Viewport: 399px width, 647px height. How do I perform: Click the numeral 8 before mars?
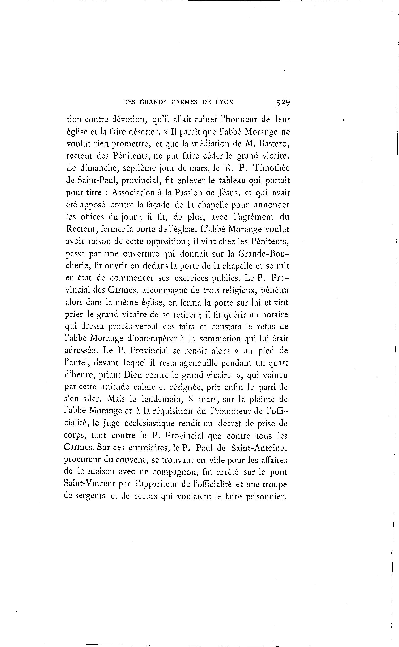point(192,399)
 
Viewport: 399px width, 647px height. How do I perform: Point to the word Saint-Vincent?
point(90,484)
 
